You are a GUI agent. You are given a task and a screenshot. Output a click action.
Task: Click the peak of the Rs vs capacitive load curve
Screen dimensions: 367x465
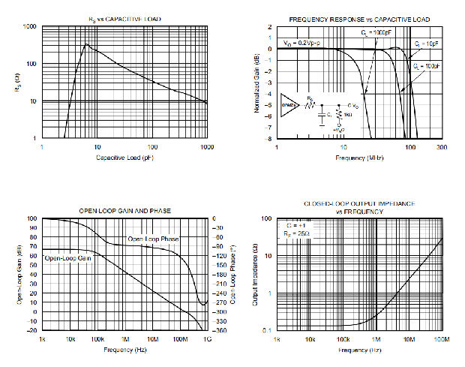(85, 44)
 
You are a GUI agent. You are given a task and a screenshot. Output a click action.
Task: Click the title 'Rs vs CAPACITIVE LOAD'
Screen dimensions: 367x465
(124, 18)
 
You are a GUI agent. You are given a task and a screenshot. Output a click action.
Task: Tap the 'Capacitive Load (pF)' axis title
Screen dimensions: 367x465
(125, 157)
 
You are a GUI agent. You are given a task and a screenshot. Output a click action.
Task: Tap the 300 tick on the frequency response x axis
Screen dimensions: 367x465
(441, 148)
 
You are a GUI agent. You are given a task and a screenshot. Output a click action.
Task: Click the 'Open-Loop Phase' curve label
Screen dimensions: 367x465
(153, 239)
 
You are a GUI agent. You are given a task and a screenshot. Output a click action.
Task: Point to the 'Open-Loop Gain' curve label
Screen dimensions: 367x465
(69, 258)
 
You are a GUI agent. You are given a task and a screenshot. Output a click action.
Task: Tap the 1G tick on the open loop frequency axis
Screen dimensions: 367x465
(207, 340)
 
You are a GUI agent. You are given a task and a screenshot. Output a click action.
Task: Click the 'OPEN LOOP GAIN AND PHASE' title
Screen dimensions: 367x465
(124, 210)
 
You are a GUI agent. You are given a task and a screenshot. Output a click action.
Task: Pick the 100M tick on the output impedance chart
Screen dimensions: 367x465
(441, 340)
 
